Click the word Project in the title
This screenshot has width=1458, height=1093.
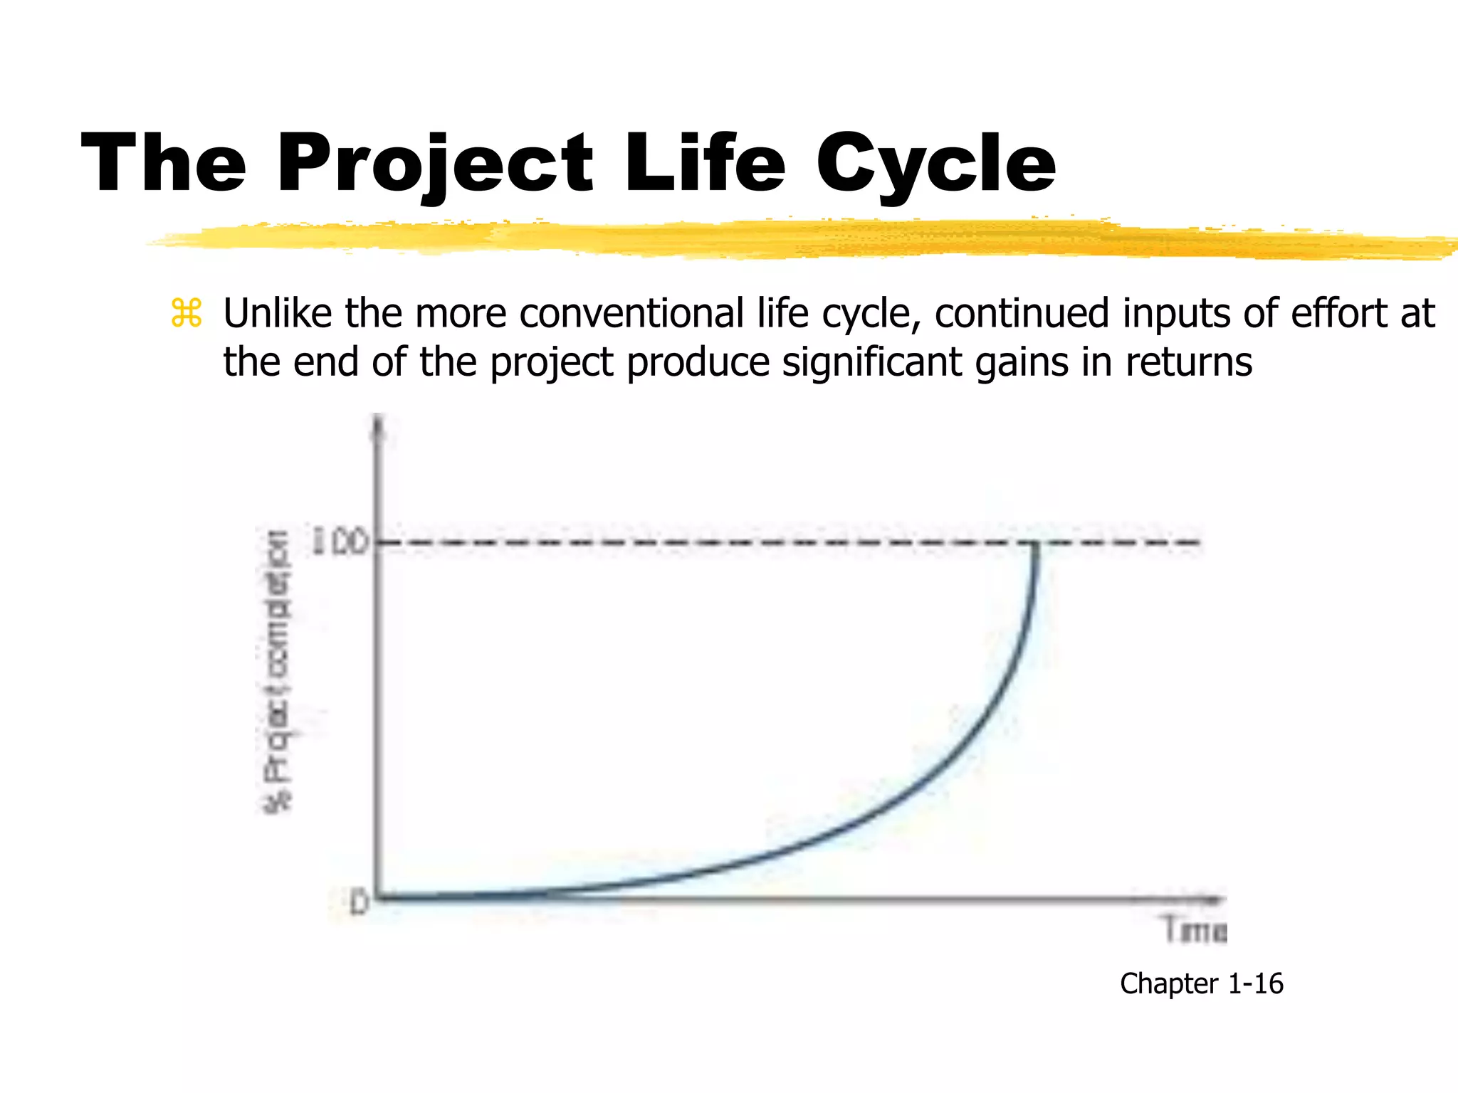pyautogui.click(x=434, y=165)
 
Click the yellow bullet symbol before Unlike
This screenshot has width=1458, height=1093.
pyautogui.click(x=187, y=314)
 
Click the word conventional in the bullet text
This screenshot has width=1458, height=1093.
pyautogui.click(x=631, y=314)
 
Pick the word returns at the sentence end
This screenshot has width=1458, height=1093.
pyautogui.click(x=1188, y=362)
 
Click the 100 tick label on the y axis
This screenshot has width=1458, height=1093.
pyautogui.click(x=341, y=543)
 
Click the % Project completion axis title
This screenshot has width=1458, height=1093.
pyautogui.click(x=278, y=672)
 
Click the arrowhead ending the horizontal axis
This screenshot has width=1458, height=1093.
pyautogui.click(x=1216, y=899)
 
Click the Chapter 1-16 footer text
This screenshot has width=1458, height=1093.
pyautogui.click(x=1201, y=983)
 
